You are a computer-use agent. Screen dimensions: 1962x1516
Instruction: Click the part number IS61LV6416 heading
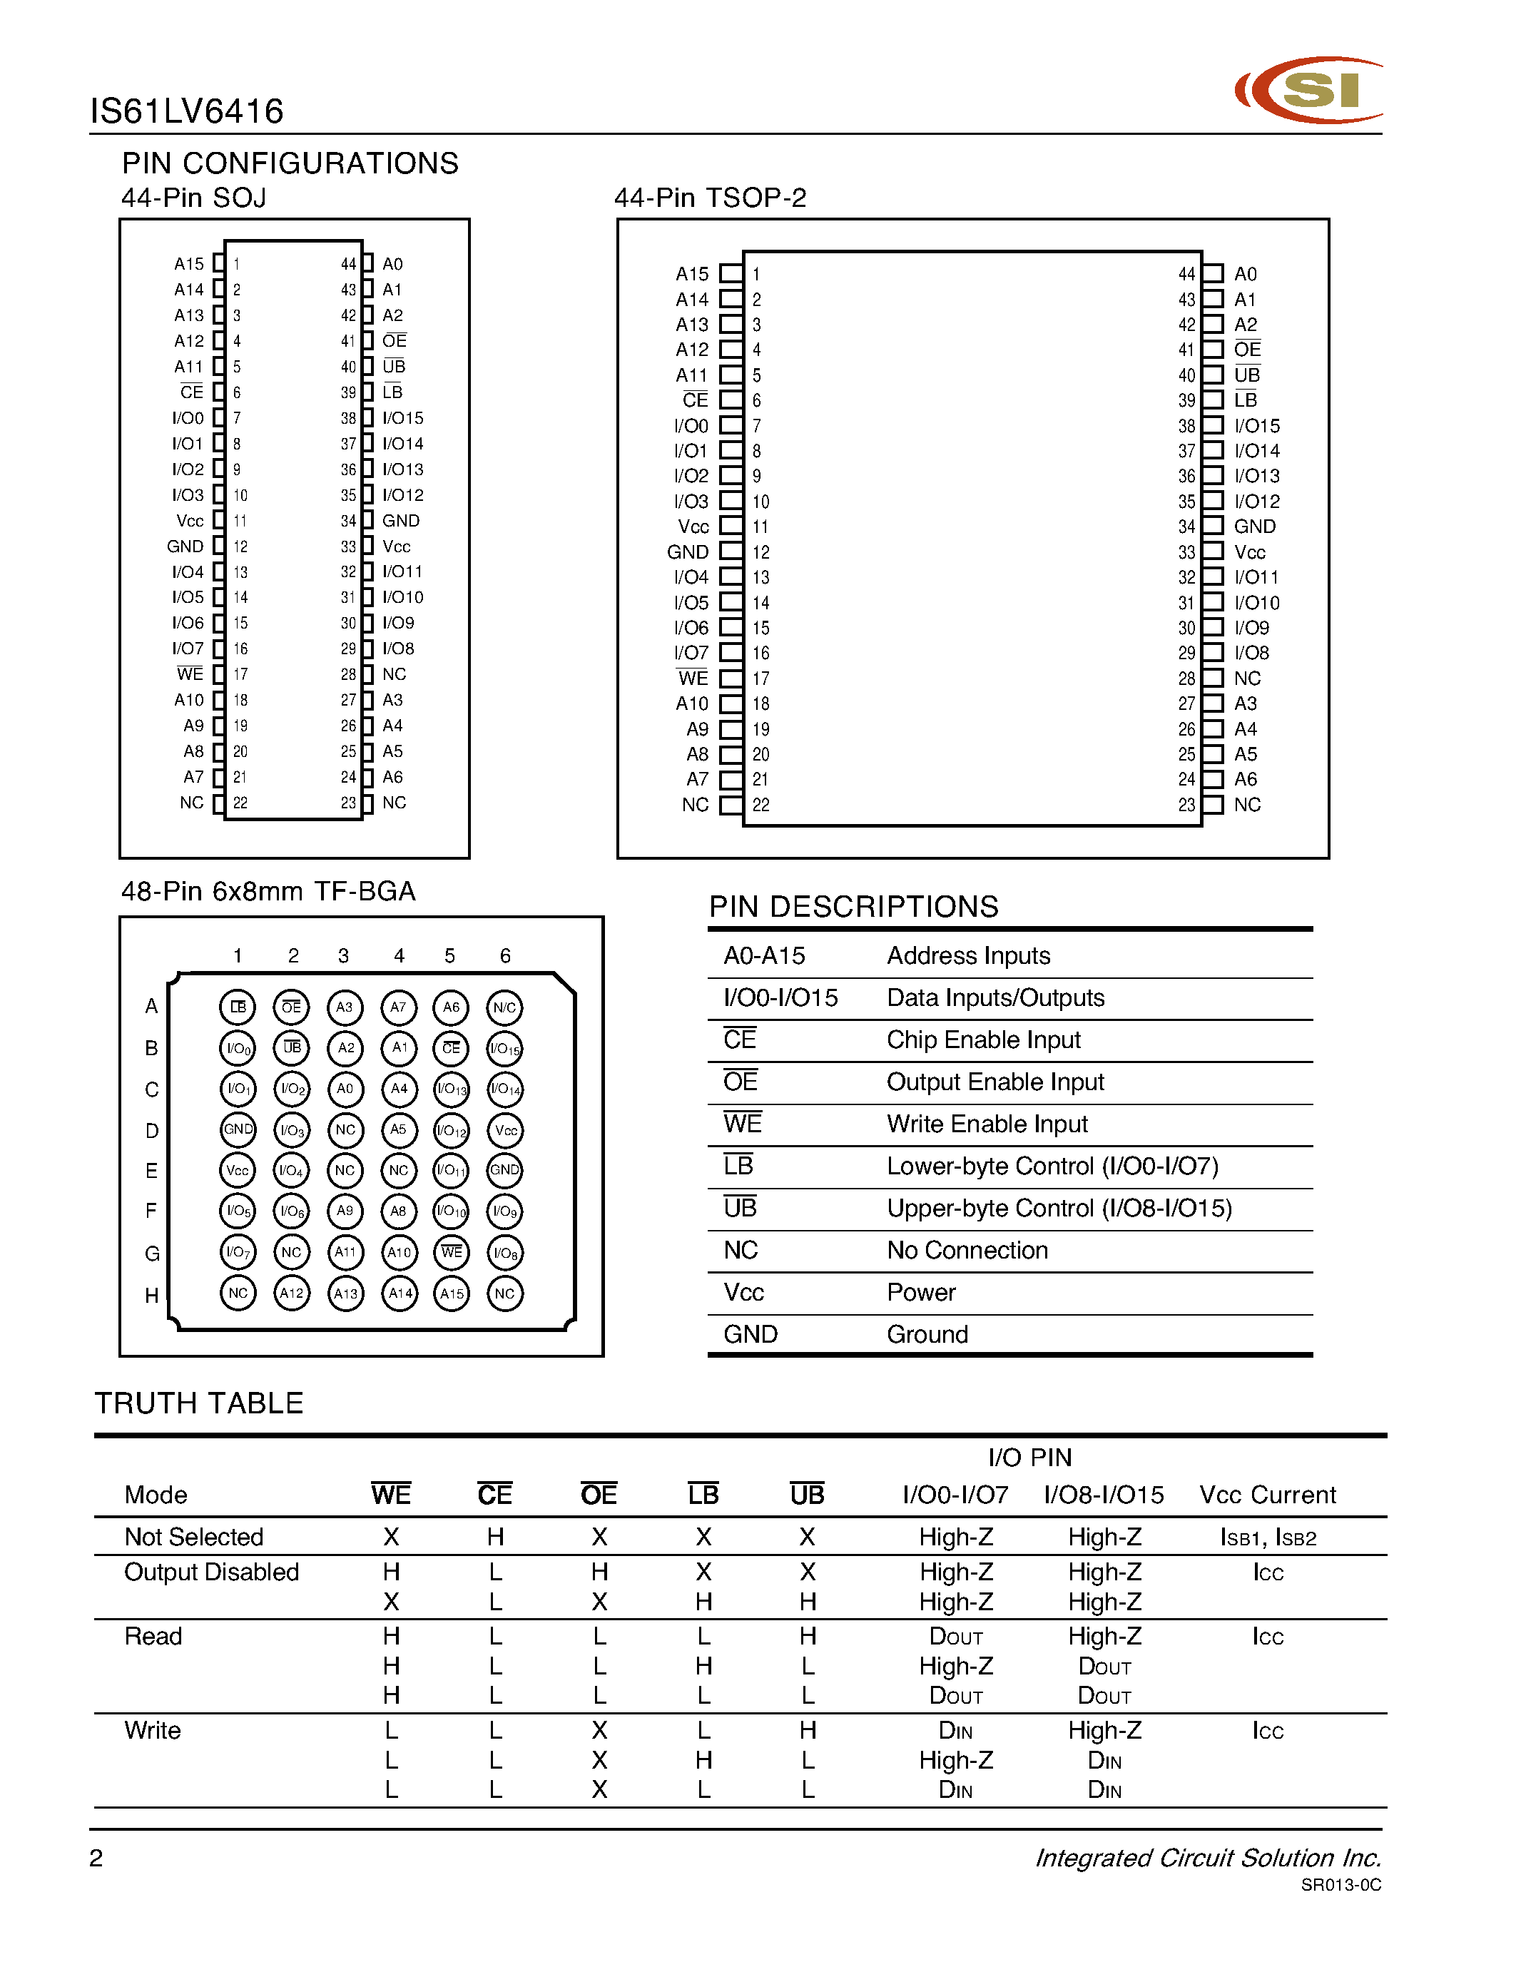[x=187, y=111]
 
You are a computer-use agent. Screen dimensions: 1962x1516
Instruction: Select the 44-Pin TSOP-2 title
[x=710, y=198]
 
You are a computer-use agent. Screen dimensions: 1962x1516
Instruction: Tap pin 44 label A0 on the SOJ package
[x=392, y=264]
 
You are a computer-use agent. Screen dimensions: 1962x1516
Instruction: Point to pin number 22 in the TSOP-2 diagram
[x=760, y=805]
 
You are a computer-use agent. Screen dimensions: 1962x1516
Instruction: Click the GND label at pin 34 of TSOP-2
[x=1255, y=527]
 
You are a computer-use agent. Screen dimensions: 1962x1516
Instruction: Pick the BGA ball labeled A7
[x=398, y=1007]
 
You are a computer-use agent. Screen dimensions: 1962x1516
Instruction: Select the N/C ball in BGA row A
[x=504, y=1007]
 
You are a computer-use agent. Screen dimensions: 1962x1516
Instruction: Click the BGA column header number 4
[x=399, y=956]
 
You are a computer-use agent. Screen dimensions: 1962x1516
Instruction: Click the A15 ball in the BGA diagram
[x=452, y=1293]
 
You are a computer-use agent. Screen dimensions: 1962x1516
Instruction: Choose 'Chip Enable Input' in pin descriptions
[x=983, y=1040]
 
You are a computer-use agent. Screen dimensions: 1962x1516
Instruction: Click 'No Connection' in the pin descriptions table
[x=967, y=1251]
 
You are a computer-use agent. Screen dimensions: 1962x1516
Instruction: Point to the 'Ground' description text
[x=927, y=1334]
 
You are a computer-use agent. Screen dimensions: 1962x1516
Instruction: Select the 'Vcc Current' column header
[x=1267, y=1495]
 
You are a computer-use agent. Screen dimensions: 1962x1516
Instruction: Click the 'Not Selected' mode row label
[x=193, y=1537]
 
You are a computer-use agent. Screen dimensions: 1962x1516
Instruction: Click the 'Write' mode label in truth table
[x=152, y=1730]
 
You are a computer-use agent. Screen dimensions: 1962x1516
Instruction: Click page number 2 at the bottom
[x=96, y=1858]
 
